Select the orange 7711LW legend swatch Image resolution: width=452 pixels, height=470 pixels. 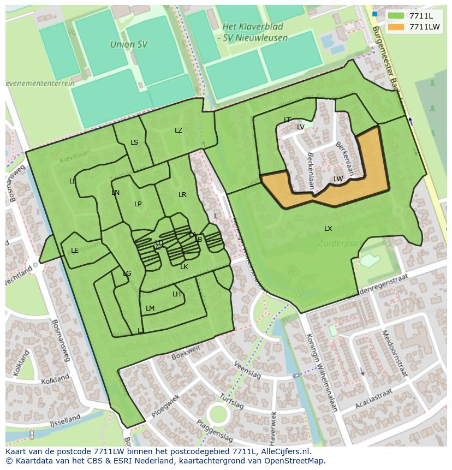click(397, 27)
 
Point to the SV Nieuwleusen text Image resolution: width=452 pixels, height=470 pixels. click(256, 38)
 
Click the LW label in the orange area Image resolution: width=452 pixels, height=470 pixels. click(338, 179)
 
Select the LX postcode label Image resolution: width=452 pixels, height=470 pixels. click(328, 228)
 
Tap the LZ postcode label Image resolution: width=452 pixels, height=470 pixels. click(179, 130)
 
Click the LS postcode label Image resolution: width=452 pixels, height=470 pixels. click(134, 142)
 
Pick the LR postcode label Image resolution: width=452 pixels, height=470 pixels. click(182, 194)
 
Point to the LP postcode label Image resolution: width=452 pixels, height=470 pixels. click(138, 204)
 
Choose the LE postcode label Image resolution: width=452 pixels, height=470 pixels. click(75, 251)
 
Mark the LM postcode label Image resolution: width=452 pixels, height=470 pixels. click(150, 308)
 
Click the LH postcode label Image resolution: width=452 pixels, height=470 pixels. click(176, 294)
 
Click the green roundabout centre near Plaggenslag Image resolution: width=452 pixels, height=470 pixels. click(218, 414)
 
